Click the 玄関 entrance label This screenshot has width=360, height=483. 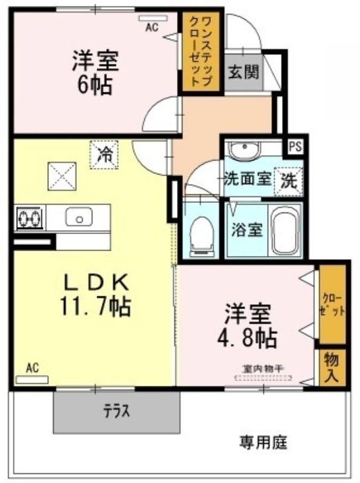coord(243,72)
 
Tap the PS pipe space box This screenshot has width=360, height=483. coord(295,146)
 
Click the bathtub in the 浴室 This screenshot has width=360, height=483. coord(286,230)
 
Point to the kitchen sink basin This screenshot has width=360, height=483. coord(79,216)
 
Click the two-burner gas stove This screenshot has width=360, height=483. coord(30,218)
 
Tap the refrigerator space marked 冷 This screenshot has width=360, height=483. coord(104,155)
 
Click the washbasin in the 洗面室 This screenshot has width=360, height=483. coord(244,150)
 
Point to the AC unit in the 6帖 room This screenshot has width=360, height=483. coord(153,19)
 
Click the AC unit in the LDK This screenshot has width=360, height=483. coord(32,380)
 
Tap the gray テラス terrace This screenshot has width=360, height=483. coord(117,412)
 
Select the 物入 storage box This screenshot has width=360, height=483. coord(332,367)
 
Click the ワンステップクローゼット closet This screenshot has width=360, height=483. coord(201,51)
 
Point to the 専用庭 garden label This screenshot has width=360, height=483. coord(263,443)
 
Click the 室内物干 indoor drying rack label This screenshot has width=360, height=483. coord(263,369)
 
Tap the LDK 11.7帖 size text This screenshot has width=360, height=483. coord(96,296)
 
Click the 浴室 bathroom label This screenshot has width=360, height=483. coord(247,229)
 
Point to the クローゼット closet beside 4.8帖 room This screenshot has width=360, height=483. coord(332,304)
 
